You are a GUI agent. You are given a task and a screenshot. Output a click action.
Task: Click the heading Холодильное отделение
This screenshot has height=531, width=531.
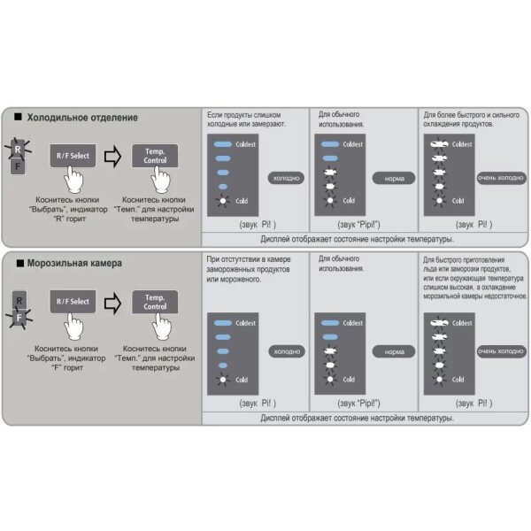click(x=82, y=118)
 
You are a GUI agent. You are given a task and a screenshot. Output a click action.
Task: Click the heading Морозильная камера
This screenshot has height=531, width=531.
click(x=74, y=263)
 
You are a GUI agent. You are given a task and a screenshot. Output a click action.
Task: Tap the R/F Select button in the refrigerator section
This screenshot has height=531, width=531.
click(x=73, y=157)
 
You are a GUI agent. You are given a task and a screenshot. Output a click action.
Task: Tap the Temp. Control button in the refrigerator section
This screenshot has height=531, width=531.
click(x=155, y=157)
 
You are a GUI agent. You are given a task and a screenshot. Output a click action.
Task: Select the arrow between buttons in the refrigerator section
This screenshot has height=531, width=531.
click(x=112, y=158)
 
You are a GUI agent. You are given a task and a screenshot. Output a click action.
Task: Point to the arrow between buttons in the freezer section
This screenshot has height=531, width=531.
click(x=112, y=303)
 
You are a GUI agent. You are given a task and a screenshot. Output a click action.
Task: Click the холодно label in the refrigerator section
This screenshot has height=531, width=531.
click(x=286, y=178)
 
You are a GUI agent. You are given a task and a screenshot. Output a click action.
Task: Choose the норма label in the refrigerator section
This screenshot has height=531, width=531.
click(x=394, y=178)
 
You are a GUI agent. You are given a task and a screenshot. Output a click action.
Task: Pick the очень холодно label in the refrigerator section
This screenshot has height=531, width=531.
click(x=501, y=178)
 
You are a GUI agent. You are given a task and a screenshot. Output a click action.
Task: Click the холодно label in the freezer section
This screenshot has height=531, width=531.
click(x=286, y=351)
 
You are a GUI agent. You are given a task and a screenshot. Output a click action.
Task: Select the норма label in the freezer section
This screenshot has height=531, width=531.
click(x=394, y=351)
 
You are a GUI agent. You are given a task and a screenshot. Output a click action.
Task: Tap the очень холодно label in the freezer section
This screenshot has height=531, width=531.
click(x=501, y=351)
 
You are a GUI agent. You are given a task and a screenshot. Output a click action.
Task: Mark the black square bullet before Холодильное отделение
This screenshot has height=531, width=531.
click(x=18, y=118)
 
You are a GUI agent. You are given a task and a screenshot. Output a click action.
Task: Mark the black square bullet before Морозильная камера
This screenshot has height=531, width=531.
click(x=18, y=263)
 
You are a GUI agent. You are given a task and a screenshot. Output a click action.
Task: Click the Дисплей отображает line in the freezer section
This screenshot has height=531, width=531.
click(x=358, y=417)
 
